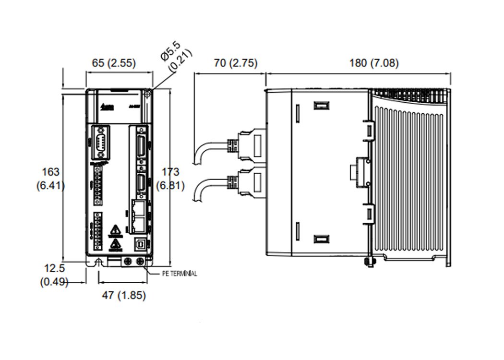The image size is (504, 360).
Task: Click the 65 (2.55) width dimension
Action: point(113,63)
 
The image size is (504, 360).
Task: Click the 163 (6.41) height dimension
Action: point(51,179)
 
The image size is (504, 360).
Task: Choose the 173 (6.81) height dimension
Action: point(170,179)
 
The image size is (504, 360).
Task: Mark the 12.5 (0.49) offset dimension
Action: point(54,275)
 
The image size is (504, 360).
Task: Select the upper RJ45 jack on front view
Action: point(139,208)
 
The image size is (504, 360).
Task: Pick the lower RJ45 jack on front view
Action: point(139,222)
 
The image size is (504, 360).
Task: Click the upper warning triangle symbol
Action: point(114,230)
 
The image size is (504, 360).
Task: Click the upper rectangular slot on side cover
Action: point(321,106)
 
